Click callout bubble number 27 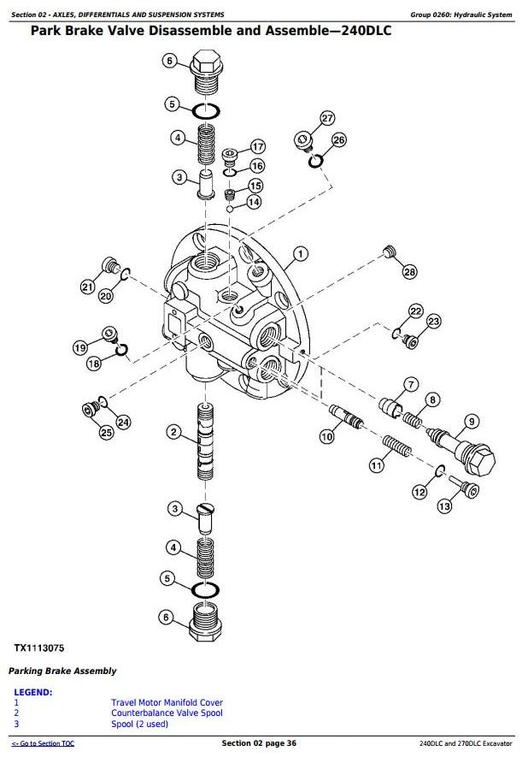327,118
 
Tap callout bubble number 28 409,272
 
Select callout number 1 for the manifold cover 301,253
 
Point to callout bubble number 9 472,422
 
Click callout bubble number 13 444,506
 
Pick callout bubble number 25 107,433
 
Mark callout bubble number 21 87,287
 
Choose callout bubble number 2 173,432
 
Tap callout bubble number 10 327,437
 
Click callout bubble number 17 258,147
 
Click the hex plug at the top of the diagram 206,73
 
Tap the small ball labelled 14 231,209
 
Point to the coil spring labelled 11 396,447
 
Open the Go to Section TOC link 43,743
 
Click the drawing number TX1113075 39,648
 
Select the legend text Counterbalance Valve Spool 167,713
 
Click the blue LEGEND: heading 33,692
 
